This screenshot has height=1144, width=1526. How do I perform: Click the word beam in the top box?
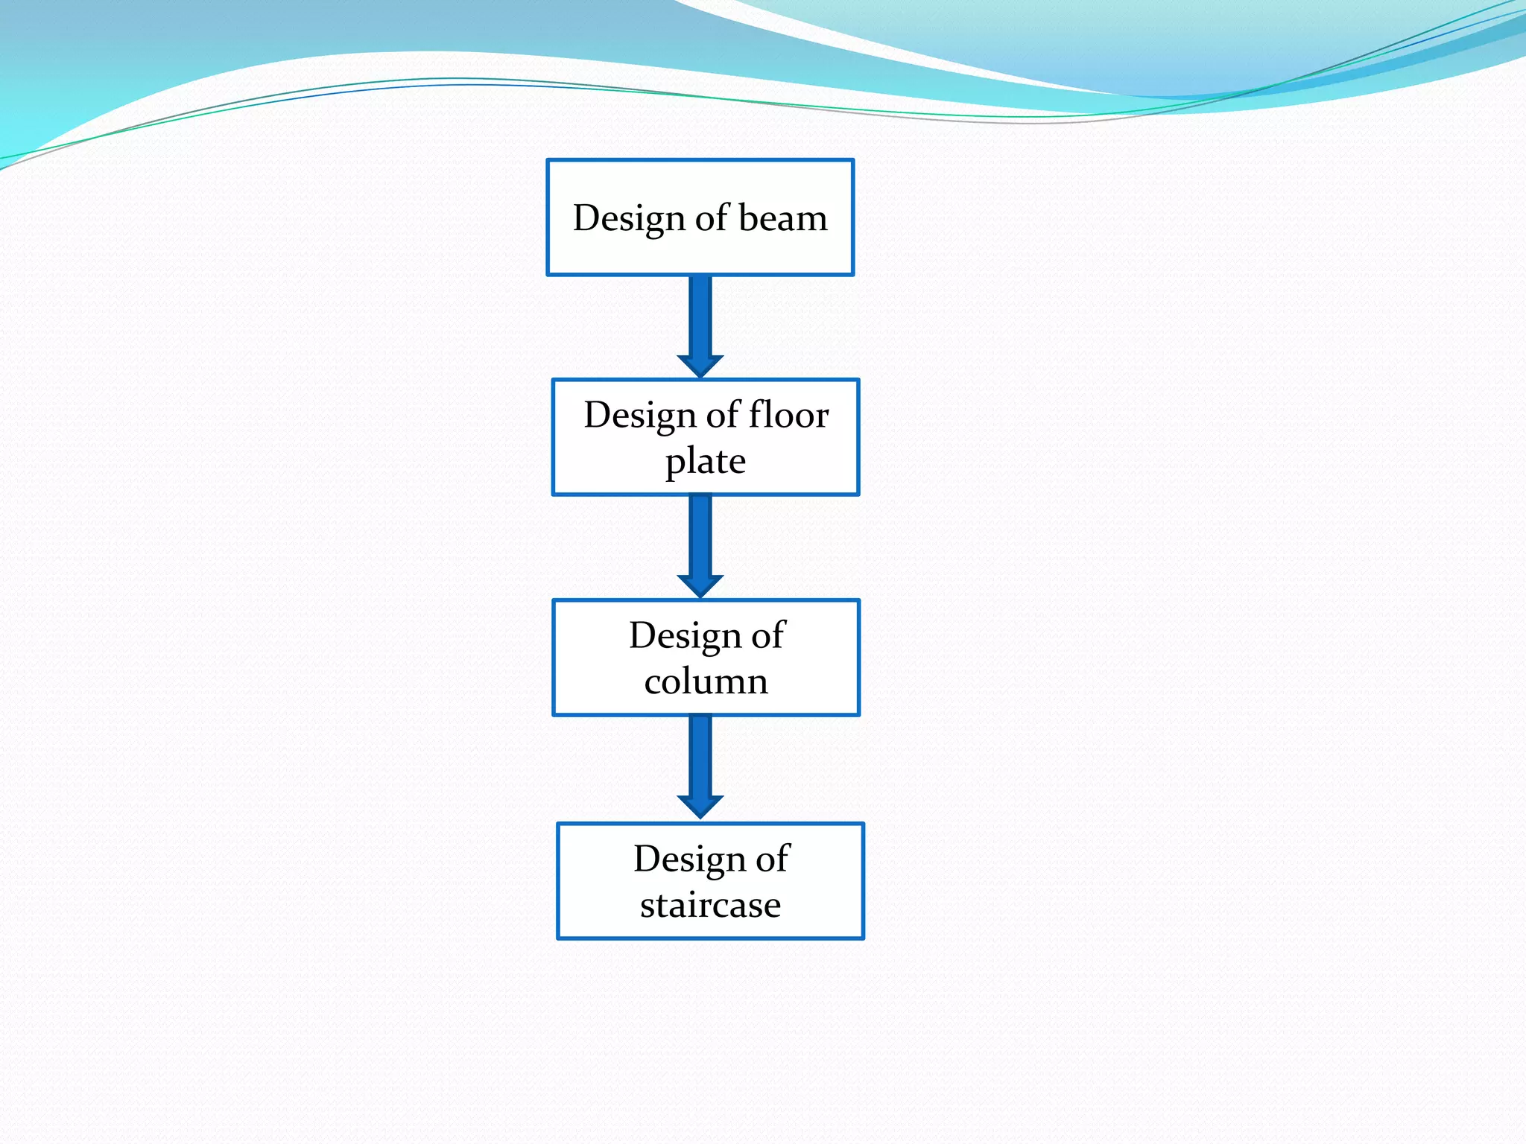pos(782,219)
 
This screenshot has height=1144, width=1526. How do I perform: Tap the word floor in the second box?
pos(788,415)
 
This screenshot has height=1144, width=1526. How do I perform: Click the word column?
pos(706,681)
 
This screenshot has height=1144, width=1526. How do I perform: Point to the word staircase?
pos(710,905)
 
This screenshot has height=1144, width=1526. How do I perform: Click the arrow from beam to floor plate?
pos(700,317)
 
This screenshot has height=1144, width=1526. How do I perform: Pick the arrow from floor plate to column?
pos(700,536)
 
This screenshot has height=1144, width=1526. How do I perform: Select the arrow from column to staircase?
pos(700,756)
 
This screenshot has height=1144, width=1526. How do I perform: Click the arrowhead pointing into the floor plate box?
pos(700,366)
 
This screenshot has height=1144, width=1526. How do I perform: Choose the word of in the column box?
pos(767,636)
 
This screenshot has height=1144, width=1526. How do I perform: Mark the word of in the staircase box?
pos(772,859)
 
